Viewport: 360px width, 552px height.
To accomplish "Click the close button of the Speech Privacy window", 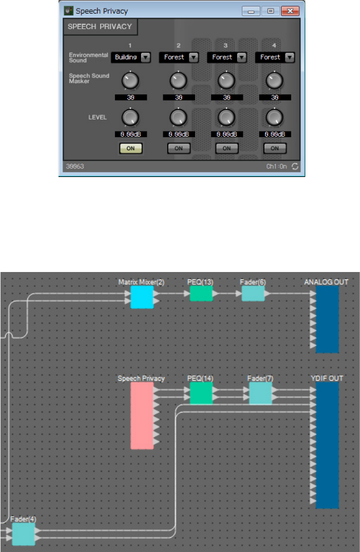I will coord(291,11).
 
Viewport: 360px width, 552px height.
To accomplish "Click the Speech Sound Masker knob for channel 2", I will coord(179,81).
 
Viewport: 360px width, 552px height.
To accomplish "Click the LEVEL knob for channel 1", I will coord(130,117).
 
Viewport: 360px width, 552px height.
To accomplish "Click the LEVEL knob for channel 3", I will coord(226,117).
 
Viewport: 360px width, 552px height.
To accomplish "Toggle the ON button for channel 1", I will coord(130,148).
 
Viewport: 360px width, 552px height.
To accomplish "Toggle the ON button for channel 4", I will coord(275,148).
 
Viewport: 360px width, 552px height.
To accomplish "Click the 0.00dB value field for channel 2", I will coord(179,134).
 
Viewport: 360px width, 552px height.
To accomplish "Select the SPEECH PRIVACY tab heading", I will coord(100,27).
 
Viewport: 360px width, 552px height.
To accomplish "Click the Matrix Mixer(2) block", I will coord(142,297).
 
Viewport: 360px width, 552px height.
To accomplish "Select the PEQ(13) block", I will coord(200,294).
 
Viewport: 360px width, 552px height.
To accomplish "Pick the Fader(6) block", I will coord(253,294).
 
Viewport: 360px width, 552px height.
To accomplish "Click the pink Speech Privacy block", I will coord(142,415).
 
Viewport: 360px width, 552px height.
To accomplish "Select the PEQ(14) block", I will coord(200,393).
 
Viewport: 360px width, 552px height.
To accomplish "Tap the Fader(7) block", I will coord(260,393).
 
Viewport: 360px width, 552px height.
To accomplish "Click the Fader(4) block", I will coord(23,534).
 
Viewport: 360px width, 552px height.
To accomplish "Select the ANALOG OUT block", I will coord(327,319).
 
